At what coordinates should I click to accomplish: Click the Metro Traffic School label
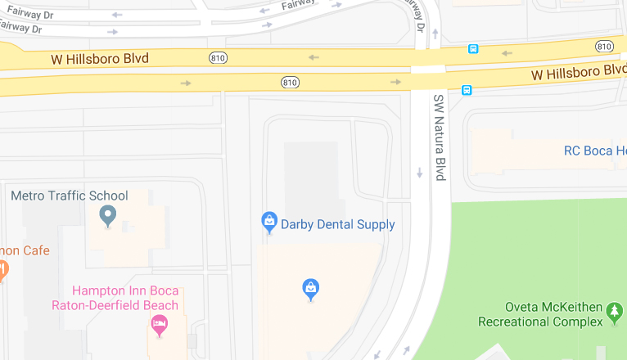point(69,196)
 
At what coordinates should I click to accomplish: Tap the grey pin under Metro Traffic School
point(107,216)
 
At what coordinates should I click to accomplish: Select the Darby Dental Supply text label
point(337,224)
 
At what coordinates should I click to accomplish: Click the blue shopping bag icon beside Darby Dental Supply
point(269,222)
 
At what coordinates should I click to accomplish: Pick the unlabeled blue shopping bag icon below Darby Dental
point(311,289)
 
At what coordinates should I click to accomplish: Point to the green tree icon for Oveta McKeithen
point(615,312)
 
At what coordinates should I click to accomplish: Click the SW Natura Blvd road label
point(440,137)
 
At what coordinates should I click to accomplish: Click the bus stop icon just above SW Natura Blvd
point(467,90)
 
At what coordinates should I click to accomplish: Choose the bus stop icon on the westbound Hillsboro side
point(473,49)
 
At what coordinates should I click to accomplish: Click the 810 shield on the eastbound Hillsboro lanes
point(290,82)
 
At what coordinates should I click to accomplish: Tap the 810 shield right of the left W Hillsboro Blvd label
point(219,57)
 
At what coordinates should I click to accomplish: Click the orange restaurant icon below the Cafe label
point(2,268)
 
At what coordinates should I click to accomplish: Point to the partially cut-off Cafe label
point(25,250)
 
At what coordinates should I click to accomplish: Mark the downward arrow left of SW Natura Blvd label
point(420,173)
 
